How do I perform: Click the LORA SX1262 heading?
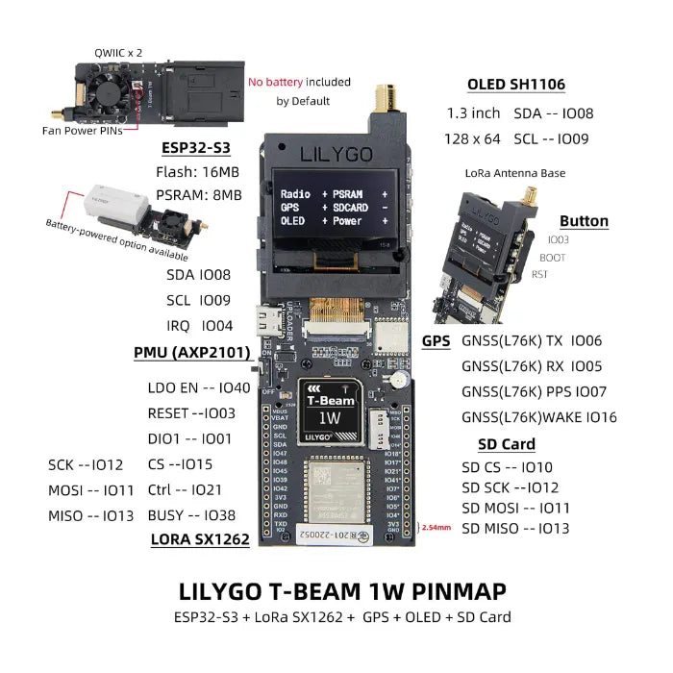[x=200, y=539]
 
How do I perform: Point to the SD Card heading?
[x=506, y=444]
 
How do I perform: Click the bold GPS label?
[x=436, y=340]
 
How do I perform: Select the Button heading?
[x=584, y=220]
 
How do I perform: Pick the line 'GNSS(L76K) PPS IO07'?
[x=534, y=392]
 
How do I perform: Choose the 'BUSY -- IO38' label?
[x=192, y=515]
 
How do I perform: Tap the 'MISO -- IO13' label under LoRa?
[x=91, y=516]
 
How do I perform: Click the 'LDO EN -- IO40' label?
[x=198, y=388]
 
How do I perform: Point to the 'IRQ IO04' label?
[x=199, y=325]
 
